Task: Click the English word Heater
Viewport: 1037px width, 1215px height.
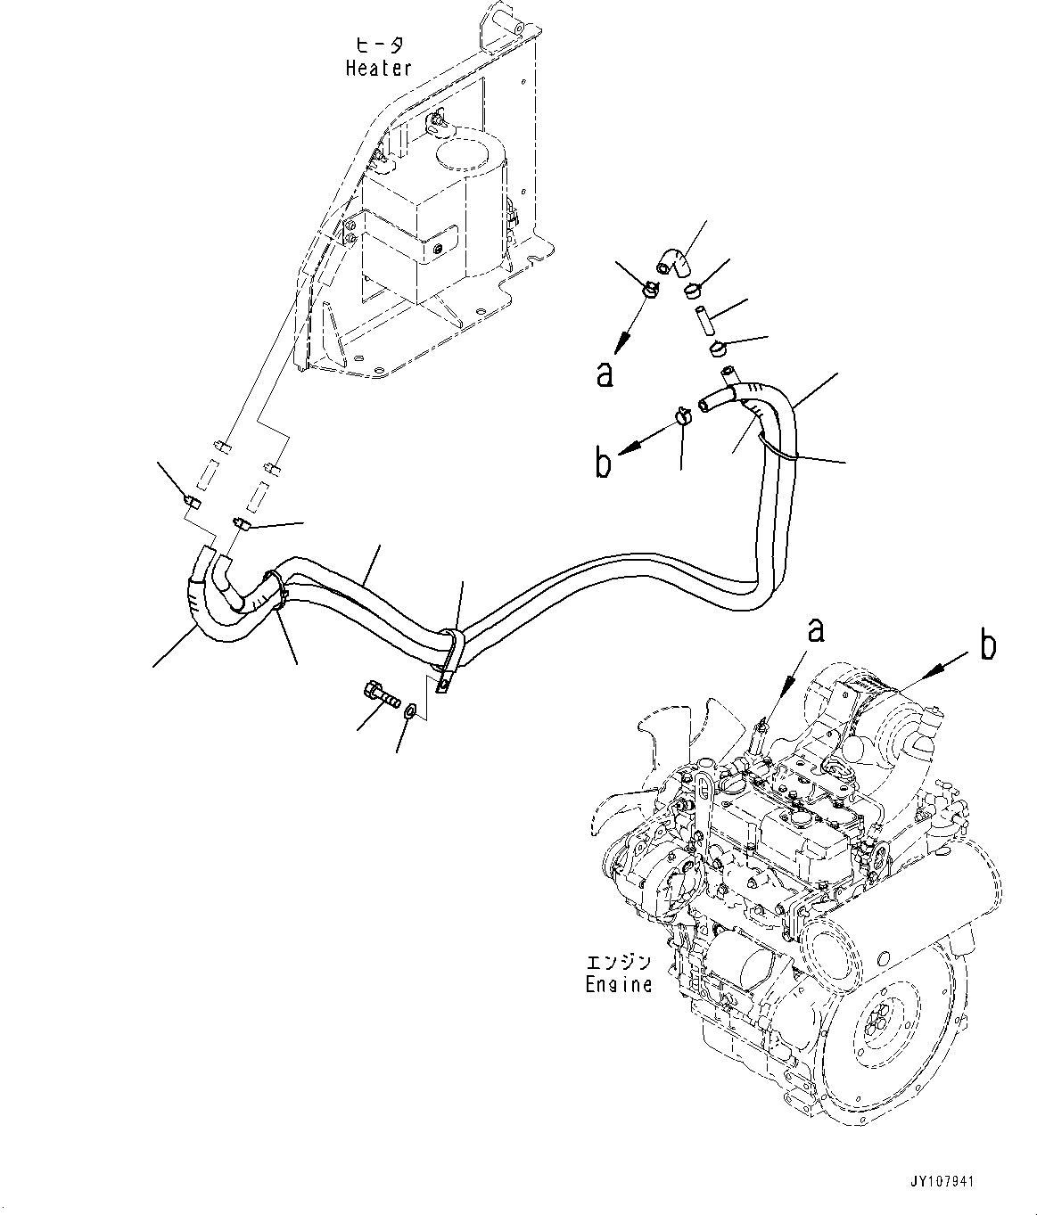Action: pyautogui.click(x=378, y=68)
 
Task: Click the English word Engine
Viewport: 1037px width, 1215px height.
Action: pyautogui.click(x=618, y=984)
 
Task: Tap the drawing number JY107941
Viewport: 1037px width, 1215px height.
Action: pyautogui.click(x=943, y=1182)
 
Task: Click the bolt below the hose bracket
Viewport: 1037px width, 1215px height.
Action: pyautogui.click(x=378, y=693)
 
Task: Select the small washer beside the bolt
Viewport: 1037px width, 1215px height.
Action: pyautogui.click(x=410, y=710)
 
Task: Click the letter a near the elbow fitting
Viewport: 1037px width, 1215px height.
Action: pyautogui.click(x=605, y=374)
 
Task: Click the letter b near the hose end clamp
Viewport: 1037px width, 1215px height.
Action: pyautogui.click(x=604, y=464)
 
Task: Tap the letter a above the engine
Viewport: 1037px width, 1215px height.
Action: pyautogui.click(x=814, y=631)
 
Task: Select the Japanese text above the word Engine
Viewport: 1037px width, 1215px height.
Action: pyautogui.click(x=618, y=963)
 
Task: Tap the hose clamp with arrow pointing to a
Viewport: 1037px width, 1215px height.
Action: pyautogui.click(x=649, y=289)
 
